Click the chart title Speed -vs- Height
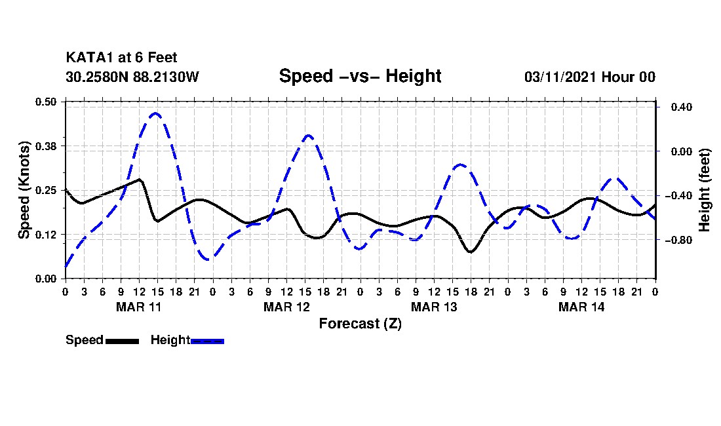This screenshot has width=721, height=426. point(360,76)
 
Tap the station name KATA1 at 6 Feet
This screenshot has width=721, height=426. point(121,58)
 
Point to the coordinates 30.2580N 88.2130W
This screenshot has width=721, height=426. point(132,77)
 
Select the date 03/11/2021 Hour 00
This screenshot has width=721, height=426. point(590,77)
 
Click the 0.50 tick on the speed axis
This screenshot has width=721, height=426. point(46,102)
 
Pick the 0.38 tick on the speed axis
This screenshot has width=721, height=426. point(46,146)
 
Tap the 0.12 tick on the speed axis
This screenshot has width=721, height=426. point(46,235)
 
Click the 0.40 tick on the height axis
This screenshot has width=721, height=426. point(682,107)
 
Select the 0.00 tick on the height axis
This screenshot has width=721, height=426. point(682,151)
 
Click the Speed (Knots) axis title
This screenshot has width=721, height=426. point(24,190)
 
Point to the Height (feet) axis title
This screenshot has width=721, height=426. point(705,190)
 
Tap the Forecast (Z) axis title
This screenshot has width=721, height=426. point(360,324)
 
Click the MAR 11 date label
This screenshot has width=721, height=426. point(139,307)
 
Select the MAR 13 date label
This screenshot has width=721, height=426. point(434,307)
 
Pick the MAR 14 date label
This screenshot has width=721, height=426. point(581,307)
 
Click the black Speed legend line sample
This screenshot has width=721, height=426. point(123,341)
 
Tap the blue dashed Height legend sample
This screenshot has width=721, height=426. point(207,341)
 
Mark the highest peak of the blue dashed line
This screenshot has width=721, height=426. point(156,113)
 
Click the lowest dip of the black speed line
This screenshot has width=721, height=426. point(471,252)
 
